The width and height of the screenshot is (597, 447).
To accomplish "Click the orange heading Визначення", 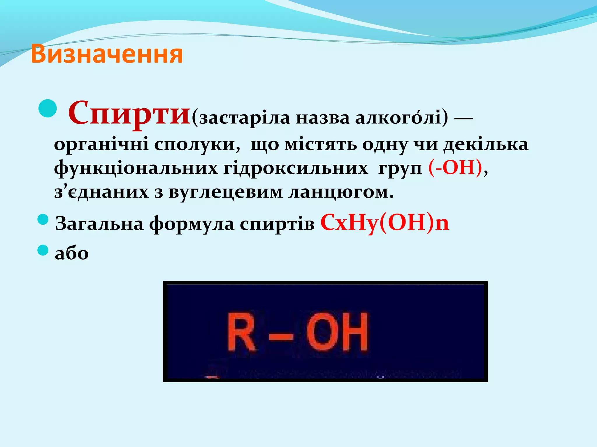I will pos(107,54).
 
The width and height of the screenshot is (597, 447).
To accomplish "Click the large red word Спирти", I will pos(129,113).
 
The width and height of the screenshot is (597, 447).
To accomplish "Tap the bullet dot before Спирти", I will pos(47,108).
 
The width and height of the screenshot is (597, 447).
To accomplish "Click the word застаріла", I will pos(245,118).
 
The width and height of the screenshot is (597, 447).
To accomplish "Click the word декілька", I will pos(486,144).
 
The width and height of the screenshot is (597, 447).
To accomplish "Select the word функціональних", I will pos(136,168).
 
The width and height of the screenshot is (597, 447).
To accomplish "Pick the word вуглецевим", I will pos(226,192).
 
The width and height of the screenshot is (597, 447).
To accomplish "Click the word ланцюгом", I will pos(341,192).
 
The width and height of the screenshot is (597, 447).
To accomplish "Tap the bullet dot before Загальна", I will pos(43,219).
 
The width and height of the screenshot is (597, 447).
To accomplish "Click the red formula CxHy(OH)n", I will pos(385,223).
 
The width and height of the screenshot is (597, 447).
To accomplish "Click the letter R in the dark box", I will pos(241,332).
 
